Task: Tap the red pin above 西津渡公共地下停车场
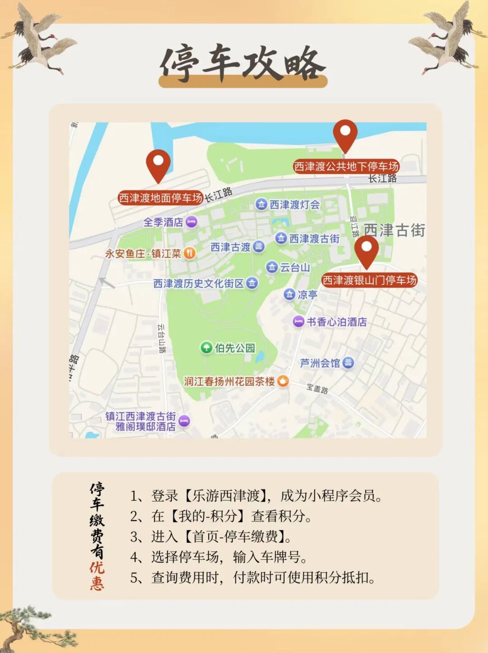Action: (x=345, y=135)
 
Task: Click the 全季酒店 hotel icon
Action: (x=192, y=222)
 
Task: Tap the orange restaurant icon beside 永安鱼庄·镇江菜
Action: (x=190, y=253)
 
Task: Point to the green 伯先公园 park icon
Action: (x=206, y=347)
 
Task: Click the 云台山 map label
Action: (x=295, y=267)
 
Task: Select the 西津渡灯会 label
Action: (x=295, y=204)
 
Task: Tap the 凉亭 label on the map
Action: (x=307, y=295)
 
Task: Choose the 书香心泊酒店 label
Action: (x=337, y=322)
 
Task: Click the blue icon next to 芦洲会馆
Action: (x=348, y=363)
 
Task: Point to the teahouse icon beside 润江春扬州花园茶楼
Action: (x=283, y=381)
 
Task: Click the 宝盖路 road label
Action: (x=317, y=388)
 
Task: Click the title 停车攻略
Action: (x=243, y=63)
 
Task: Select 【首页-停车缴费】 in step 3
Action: (x=234, y=536)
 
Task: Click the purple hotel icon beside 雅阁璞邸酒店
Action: (x=184, y=421)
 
